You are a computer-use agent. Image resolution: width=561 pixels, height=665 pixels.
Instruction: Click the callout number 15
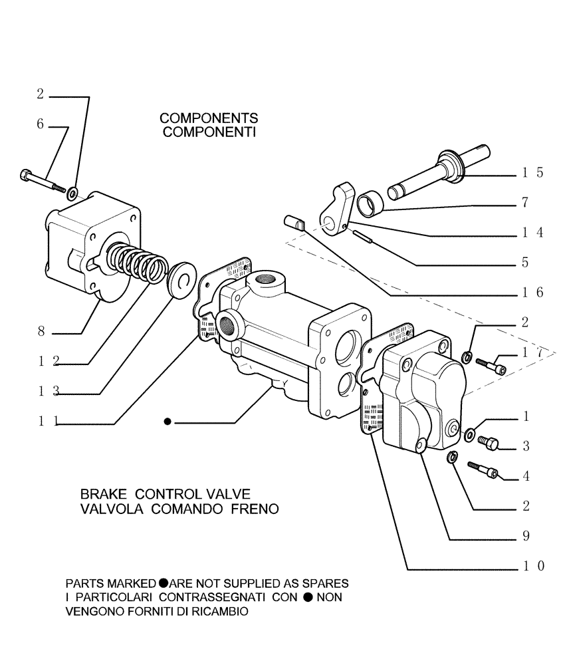[x=532, y=173]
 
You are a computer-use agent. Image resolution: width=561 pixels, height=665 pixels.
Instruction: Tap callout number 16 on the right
[x=532, y=292]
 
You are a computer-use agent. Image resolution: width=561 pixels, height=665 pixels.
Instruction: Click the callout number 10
[x=532, y=566]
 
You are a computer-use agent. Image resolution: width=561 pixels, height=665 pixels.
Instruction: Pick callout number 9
[x=525, y=536]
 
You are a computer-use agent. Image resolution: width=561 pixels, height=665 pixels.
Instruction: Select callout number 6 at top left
[x=41, y=124]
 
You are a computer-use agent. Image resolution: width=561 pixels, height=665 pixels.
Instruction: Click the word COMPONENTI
[x=209, y=132]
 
